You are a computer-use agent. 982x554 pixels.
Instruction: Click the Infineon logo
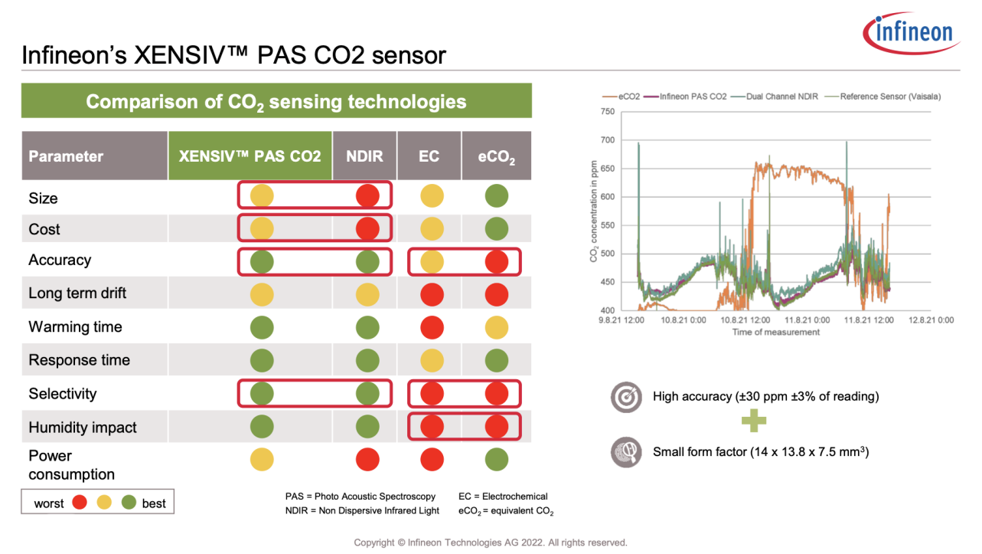(x=911, y=33)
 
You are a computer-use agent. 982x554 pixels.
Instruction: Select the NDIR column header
(x=365, y=156)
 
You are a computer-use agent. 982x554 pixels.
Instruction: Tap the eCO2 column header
(x=496, y=157)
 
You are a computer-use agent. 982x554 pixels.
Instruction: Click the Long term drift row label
(x=77, y=293)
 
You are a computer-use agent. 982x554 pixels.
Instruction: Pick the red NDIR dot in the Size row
(x=367, y=196)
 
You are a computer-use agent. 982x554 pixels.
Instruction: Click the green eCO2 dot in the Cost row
(x=496, y=229)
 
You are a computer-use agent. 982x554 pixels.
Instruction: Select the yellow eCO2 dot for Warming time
(x=496, y=327)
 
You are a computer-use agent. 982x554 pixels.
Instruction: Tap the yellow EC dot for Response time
(x=432, y=360)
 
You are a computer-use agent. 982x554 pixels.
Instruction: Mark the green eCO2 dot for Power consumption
(x=496, y=460)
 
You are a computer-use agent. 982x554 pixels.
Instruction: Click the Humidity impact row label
(x=83, y=428)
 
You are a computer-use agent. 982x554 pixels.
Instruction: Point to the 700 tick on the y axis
(x=607, y=140)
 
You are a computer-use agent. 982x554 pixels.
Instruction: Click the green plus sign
(x=753, y=420)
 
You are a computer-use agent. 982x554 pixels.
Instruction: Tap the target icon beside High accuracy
(x=625, y=398)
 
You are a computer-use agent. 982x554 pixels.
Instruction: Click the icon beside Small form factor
(x=625, y=452)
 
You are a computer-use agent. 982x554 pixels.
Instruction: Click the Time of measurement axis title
(x=775, y=333)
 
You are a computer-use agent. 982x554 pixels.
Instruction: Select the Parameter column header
(x=66, y=156)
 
